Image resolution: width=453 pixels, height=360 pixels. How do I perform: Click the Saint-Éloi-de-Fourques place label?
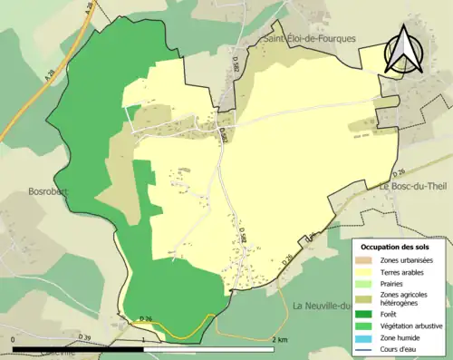[309, 39]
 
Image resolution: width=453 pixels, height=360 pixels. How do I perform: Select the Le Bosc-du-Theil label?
[412, 187]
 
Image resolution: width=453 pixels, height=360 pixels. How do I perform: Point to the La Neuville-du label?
[322, 306]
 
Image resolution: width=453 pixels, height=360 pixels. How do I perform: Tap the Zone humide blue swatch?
[369, 336]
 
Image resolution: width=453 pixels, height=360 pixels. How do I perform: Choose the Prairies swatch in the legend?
[369, 282]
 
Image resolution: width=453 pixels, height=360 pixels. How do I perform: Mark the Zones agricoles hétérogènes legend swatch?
[369, 295]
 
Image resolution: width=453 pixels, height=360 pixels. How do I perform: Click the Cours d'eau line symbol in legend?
[369, 349]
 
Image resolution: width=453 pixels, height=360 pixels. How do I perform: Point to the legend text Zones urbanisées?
[413, 259]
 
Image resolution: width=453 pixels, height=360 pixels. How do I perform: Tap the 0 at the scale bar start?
[14, 339]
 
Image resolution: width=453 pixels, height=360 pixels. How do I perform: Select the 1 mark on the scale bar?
[144, 339]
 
